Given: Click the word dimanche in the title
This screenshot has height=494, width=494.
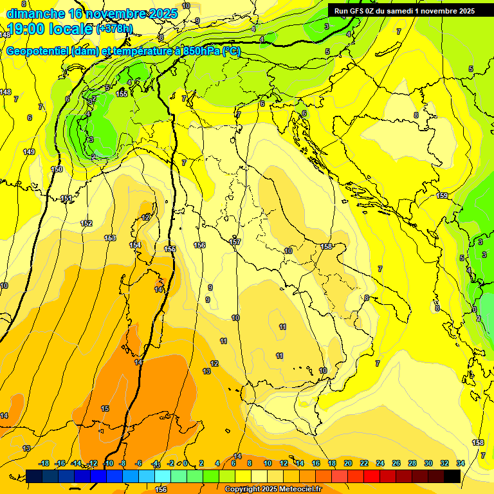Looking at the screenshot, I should [35, 14].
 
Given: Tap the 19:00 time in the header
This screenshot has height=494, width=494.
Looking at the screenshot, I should [26, 29].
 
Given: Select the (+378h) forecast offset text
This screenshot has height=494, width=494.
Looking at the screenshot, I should [114, 29].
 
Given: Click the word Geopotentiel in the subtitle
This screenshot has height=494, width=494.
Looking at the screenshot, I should [38, 52].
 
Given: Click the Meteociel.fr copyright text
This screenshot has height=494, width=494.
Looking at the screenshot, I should [273, 489].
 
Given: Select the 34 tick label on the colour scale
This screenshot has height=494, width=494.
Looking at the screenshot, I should [461, 463].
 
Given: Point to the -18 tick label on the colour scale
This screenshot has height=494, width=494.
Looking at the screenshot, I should [44, 463].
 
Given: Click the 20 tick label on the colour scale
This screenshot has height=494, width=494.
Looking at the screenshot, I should [348, 463].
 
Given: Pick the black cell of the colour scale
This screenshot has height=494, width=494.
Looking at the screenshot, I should [452, 476].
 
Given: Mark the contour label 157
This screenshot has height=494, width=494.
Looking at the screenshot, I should [235, 242].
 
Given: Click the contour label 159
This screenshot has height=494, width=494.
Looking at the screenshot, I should [442, 196].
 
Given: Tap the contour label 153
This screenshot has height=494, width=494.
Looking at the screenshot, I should [110, 238].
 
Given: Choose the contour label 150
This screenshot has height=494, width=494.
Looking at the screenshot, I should [57, 169].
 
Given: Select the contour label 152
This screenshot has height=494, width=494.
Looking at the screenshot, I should [86, 223].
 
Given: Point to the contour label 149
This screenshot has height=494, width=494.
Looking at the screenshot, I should [29, 152].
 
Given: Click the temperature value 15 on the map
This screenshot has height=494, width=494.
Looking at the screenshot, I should [105, 408].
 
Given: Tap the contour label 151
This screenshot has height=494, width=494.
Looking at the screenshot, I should [66, 199].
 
